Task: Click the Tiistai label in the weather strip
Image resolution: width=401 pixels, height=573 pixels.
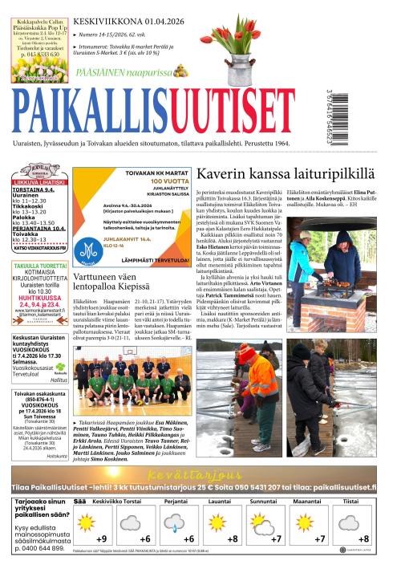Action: coord(350,500)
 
